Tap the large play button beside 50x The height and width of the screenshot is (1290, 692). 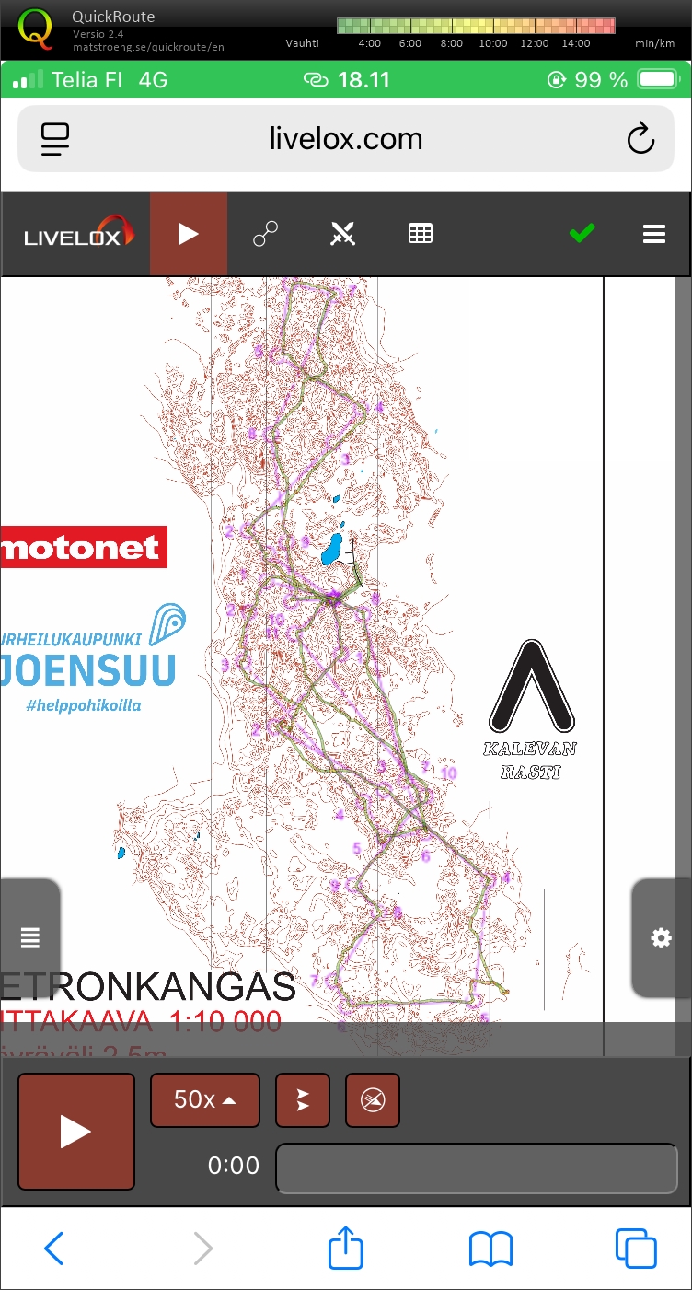(x=75, y=1132)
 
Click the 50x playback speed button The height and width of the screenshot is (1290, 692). (x=204, y=1099)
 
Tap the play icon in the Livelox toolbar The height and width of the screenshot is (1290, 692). (x=189, y=234)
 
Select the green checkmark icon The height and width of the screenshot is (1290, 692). (x=582, y=234)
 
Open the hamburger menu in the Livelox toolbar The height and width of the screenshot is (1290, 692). (x=654, y=234)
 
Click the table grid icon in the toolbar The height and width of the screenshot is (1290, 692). (x=421, y=234)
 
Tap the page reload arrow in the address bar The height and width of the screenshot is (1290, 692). (x=640, y=139)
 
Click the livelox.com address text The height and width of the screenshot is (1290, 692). (x=346, y=139)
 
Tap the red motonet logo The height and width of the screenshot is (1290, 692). (x=83, y=547)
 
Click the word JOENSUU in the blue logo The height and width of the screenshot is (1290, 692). (x=87, y=670)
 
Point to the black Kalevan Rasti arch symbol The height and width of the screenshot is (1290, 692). (x=532, y=686)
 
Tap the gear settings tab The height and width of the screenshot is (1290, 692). (x=661, y=938)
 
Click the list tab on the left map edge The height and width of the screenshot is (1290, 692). (x=30, y=938)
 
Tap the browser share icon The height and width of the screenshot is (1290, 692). (x=346, y=1249)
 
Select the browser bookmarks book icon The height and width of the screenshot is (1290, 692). (x=490, y=1249)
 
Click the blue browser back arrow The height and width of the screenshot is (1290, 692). (x=54, y=1249)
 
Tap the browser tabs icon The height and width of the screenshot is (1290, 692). (x=635, y=1249)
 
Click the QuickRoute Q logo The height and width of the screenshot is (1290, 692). (x=36, y=28)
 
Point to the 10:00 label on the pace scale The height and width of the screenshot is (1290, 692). (x=493, y=43)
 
